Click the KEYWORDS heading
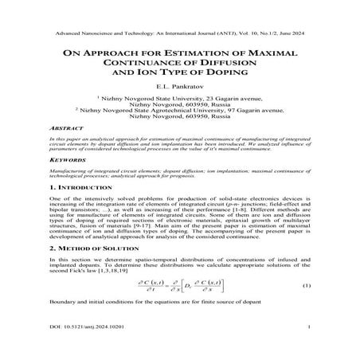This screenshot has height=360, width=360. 70,182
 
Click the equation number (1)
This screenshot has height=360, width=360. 306,308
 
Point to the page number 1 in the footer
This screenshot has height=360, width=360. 307,348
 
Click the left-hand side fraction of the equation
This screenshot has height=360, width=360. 135,308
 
